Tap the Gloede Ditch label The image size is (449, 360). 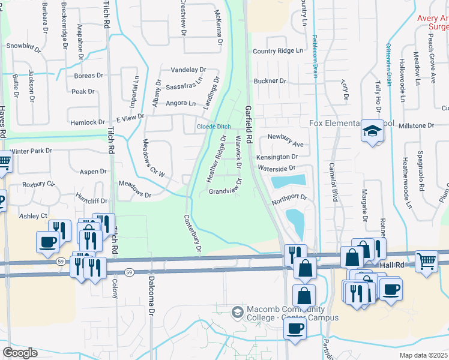(214, 127)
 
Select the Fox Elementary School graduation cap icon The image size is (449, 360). (372, 131)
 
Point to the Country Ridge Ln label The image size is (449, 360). (278, 51)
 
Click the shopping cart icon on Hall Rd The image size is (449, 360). (426, 262)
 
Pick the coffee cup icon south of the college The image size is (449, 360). (295, 328)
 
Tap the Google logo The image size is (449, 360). (20, 352)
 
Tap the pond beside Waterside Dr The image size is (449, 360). (289, 180)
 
